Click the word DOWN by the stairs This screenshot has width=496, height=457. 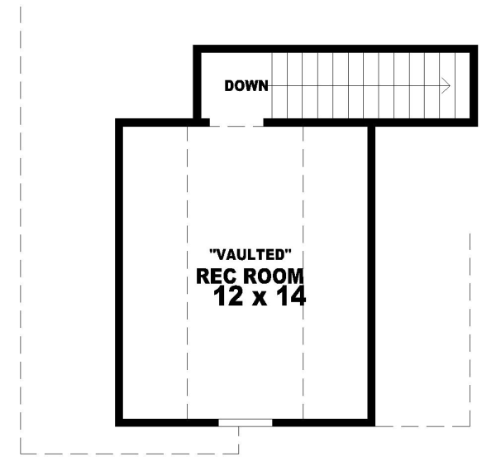[246, 85]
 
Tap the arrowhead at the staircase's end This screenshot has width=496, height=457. [446, 85]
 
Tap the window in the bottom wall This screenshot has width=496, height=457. [245, 422]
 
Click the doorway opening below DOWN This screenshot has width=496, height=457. [236, 123]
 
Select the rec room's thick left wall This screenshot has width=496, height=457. [119, 273]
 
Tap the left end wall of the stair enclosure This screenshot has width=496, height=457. [197, 83]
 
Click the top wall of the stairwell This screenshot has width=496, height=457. [331, 49]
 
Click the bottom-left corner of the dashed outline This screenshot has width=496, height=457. [21, 453]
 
